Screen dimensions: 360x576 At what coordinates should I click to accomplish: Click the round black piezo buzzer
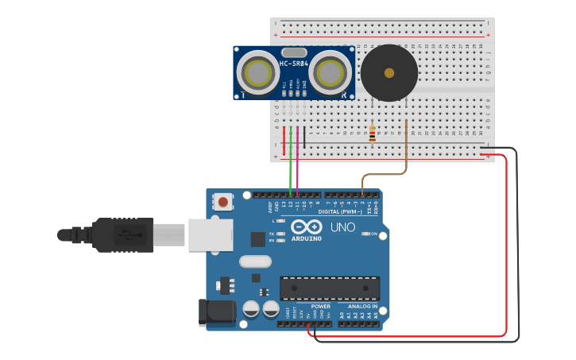coord(389,73)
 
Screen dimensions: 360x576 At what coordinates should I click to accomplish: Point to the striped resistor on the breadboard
coord(372,134)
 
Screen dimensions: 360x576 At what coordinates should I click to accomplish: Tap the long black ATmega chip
coord(329,288)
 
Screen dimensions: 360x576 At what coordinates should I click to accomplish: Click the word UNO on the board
coord(342,228)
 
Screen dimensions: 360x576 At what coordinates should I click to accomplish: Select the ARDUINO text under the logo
coord(306,238)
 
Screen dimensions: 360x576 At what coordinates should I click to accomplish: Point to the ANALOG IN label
coord(363,306)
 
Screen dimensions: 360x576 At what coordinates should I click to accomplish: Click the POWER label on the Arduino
coord(320,306)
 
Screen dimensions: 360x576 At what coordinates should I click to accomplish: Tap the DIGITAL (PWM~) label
coord(339,211)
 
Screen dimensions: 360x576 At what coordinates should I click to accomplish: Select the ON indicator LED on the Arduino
coord(366,234)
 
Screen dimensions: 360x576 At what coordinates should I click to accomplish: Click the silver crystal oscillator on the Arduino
coord(255,261)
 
